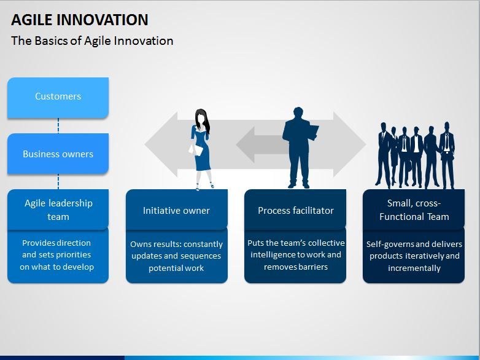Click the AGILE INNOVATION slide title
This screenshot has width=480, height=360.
click(x=80, y=20)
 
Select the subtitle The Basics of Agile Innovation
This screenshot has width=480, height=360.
click(x=92, y=41)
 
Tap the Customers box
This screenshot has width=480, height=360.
click(x=58, y=98)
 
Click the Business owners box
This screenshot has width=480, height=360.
click(x=58, y=154)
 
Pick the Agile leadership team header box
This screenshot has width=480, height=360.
click(x=58, y=209)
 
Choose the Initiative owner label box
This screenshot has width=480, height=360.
click(x=177, y=209)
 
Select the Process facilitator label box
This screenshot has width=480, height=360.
click(x=295, y=209)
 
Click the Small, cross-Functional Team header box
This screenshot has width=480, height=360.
click(x=414, y=209)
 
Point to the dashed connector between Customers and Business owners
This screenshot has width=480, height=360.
click(x=58, y=126)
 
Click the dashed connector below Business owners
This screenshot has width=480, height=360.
click(x=58, y=182)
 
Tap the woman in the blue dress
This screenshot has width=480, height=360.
click(x=201, y=149)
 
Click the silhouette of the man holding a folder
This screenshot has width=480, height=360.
click(x=299, y=147)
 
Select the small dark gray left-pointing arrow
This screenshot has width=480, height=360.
click(x=260, y=144)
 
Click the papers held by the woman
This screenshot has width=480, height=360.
click(x=196, y=150)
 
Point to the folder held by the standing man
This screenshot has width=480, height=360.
click(x=313, y=132)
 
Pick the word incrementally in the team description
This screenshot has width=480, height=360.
click(x=414, y=268)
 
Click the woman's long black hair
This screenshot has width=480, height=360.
click(x=204, y=120)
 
